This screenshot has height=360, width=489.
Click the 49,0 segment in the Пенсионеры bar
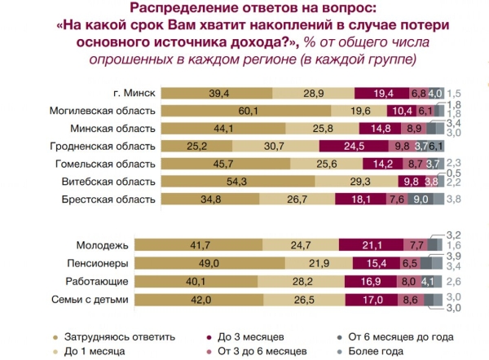(x=214, y=262)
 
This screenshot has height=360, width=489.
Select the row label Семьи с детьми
(x=91, y=298)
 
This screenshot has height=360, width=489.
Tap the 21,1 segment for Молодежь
(x=380, y=245)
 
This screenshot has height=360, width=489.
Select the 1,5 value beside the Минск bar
(x=459, y=93)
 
